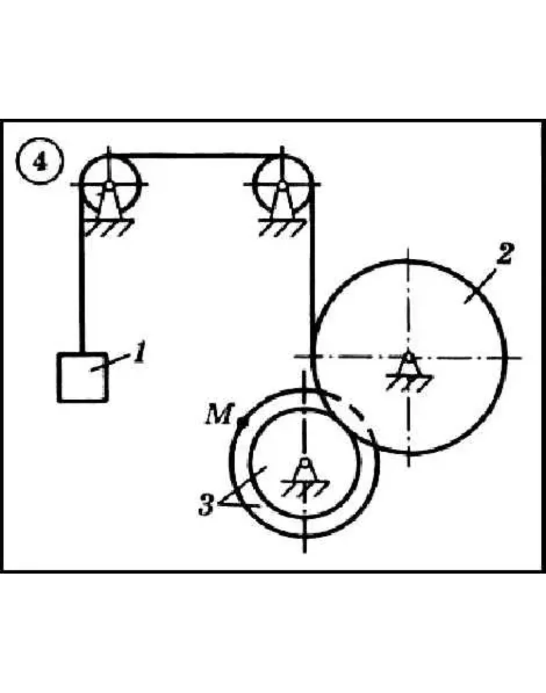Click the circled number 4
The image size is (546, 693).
tap(40, 162)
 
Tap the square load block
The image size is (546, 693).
tap(83, 377)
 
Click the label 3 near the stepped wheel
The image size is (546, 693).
tap(206, 505)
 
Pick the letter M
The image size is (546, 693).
tap(218, 415)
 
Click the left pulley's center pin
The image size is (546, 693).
tap(109, 184)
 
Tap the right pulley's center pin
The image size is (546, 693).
tap(281, 184)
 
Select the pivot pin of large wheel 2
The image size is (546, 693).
tap(409, 356)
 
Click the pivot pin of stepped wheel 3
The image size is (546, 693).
tap(304, 463)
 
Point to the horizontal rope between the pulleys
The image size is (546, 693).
tap(196, 155)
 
